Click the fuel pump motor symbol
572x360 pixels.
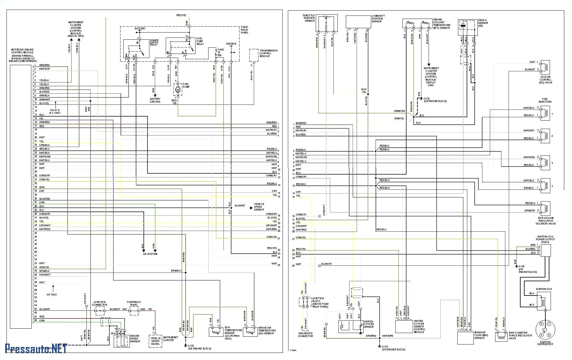[x=178, y=90]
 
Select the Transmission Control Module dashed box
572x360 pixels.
[x=254, y=55]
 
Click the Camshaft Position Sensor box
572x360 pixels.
[x=358, y=22]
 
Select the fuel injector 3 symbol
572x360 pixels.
[x=545, y=163]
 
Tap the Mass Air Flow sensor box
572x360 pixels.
[x=465, y=338]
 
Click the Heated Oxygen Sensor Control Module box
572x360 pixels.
[x=404, y=326]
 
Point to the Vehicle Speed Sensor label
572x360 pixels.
[x=259, y=207]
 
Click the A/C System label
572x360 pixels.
[x=150, y=254]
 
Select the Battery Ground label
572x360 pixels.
[x=155, y=100]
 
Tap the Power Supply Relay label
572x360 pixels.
[x=154, y=42]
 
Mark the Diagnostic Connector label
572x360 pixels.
[x=305, y=335]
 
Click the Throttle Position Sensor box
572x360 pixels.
[x=327, y=23]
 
